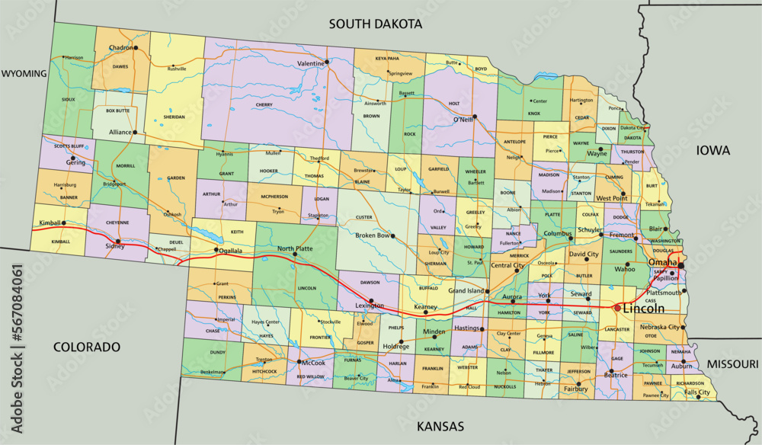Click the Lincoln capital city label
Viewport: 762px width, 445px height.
[643, 309]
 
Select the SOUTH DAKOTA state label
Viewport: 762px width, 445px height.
[375, 24]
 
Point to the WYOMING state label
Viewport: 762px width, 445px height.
[24, 74]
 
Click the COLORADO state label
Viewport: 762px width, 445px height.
[87, 347]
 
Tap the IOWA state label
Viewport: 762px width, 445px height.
[712, 151]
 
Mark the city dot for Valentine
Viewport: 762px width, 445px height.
[327, 62]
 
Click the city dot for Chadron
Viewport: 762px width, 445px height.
[136, 48]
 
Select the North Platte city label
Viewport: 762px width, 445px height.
[296, 248]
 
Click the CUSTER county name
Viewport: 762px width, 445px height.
[364, 217]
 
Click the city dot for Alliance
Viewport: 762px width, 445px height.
[134, 132]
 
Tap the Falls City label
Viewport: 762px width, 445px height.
[696, 392]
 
